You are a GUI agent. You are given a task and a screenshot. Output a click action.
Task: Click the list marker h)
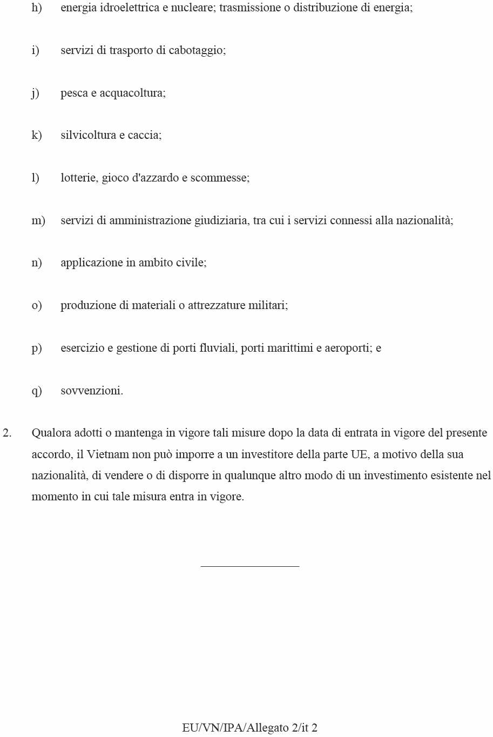(36, 8)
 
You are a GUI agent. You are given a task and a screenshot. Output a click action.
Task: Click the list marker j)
(35, 93)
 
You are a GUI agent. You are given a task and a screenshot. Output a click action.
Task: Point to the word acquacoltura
(132, 93)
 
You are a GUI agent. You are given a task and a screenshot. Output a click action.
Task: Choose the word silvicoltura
(88, 135)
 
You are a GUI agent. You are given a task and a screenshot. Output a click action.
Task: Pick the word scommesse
(219, 178)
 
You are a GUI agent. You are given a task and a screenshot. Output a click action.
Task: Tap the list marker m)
(38, 220)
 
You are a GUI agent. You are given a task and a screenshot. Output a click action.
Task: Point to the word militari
(267, 305)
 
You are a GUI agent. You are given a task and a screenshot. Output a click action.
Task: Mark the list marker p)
(36, 348)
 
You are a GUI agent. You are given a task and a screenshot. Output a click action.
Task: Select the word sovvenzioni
(92, 391)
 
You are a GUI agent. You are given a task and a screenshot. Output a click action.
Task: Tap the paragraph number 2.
(7, 433)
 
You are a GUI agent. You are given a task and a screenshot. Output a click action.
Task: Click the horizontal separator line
(249, 566)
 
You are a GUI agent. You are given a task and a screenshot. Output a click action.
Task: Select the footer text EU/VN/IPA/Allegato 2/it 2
(249, 728)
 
